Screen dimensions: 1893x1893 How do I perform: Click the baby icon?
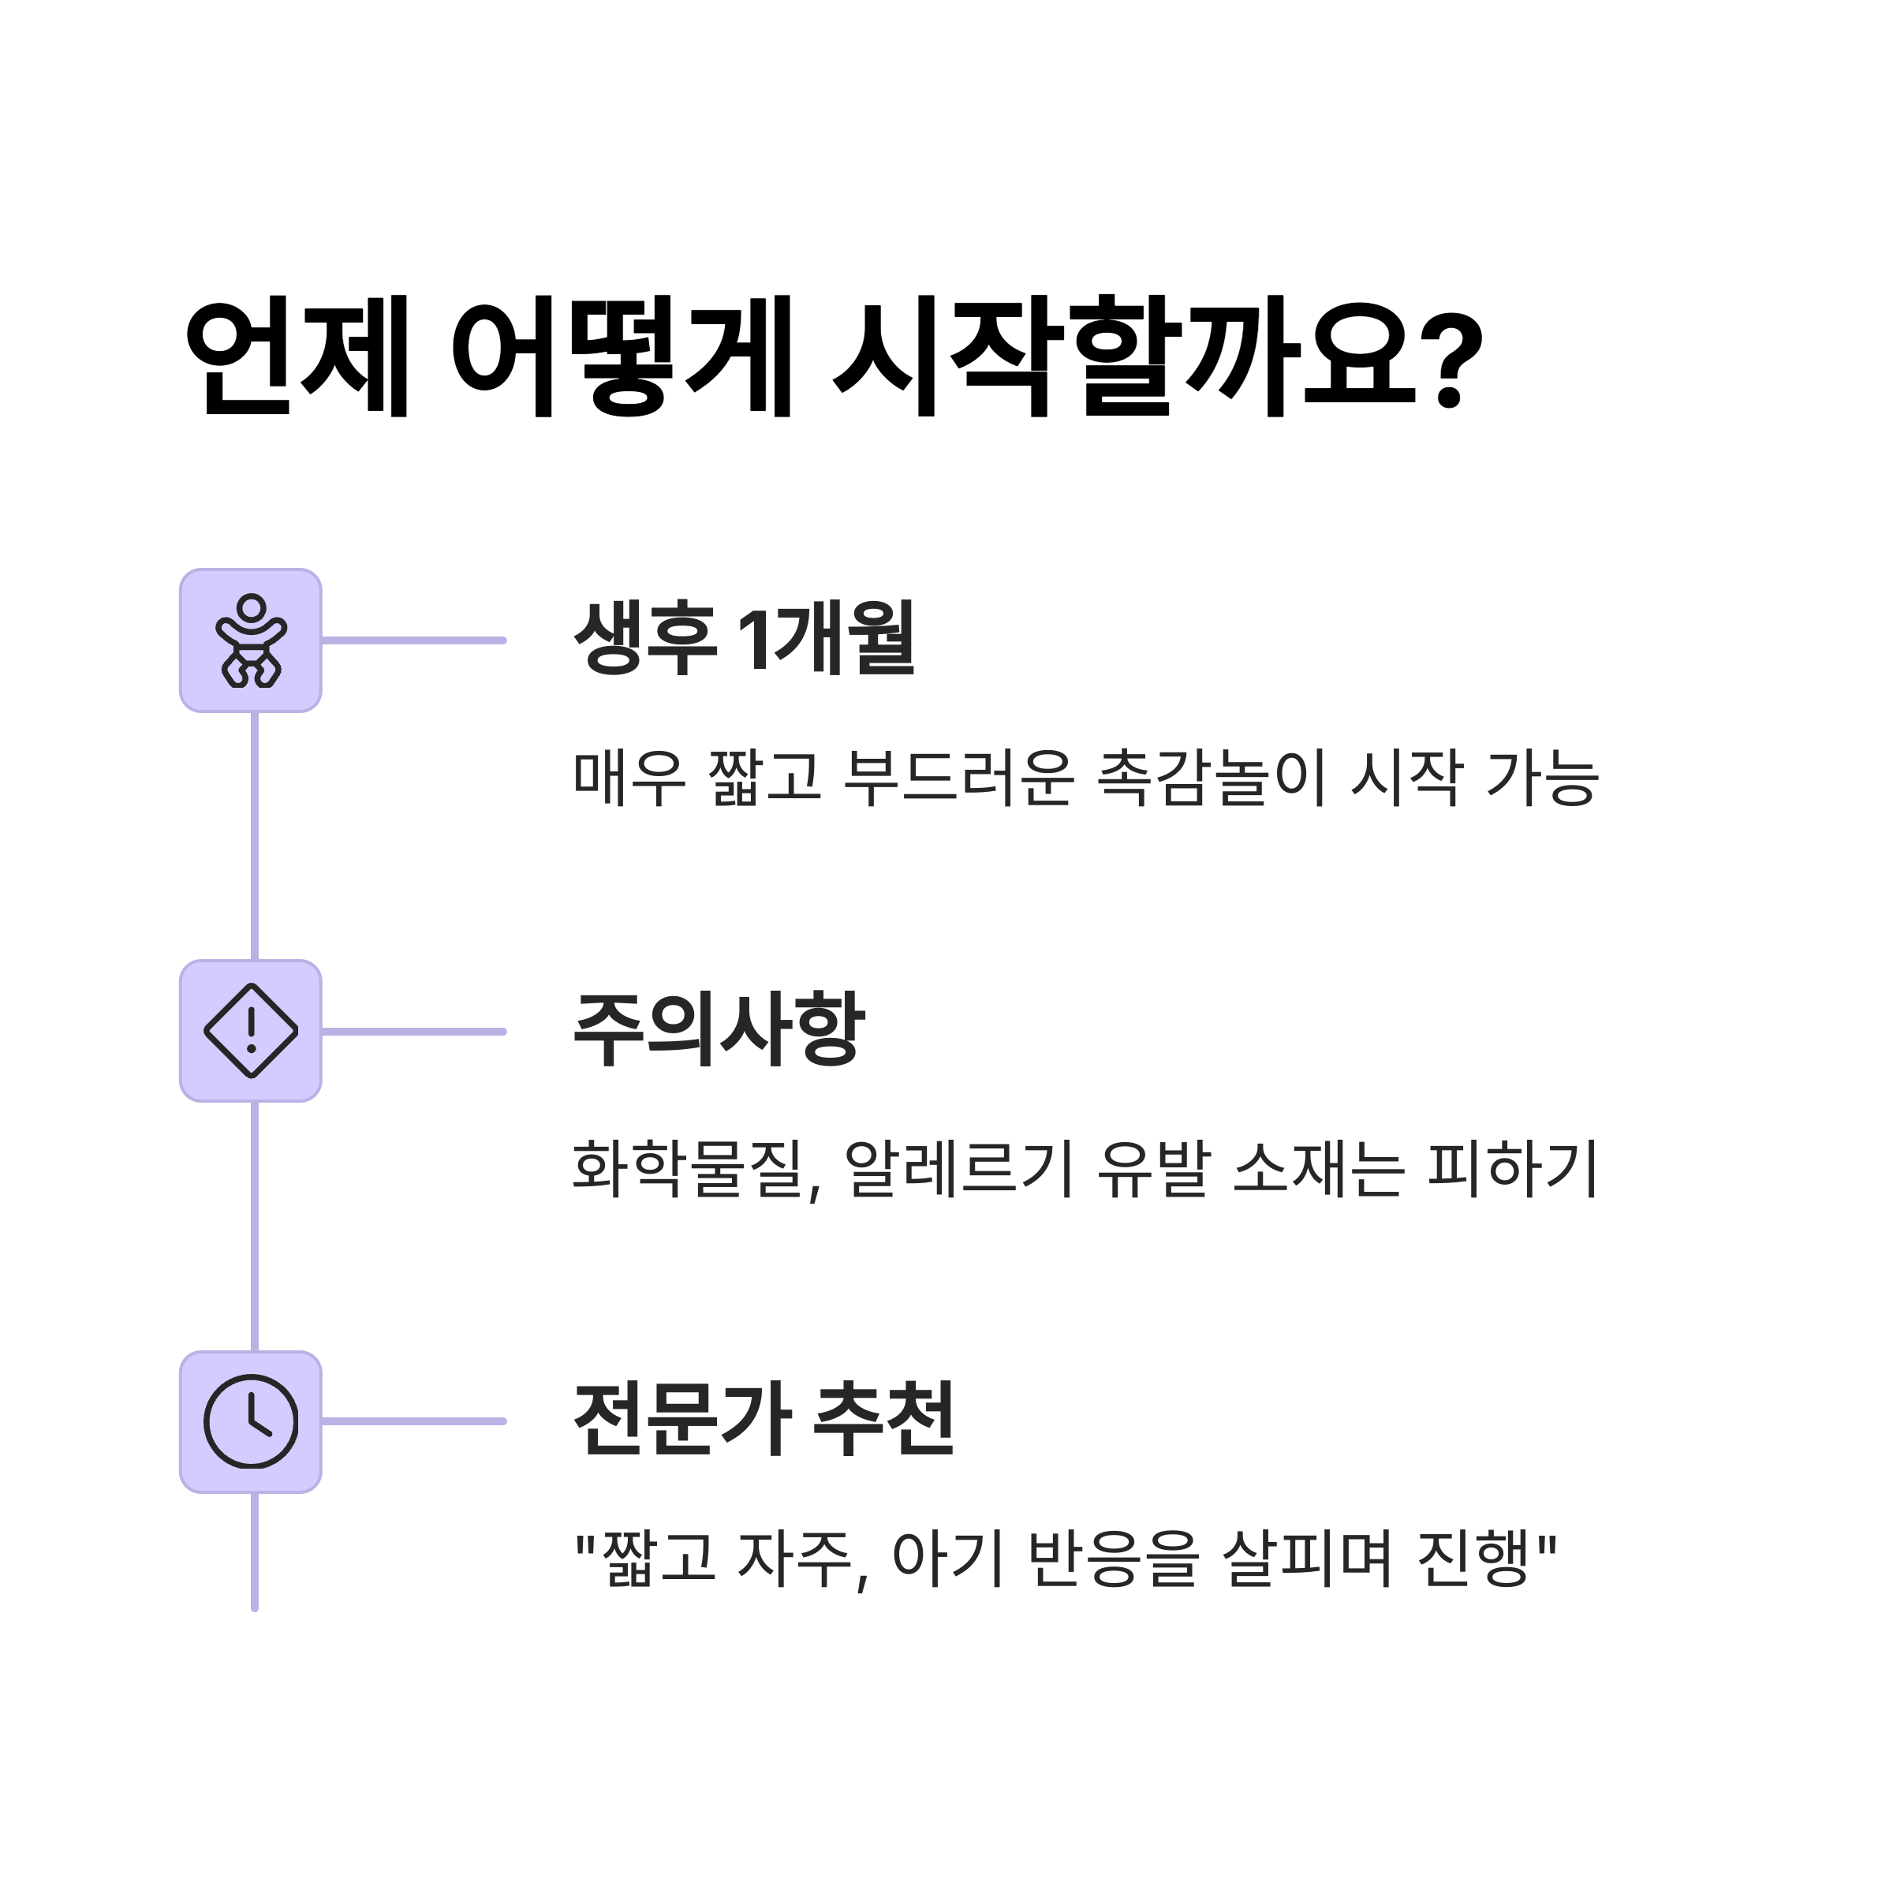251,640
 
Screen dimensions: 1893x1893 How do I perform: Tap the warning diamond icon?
251,1031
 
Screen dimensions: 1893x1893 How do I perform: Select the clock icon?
251,1421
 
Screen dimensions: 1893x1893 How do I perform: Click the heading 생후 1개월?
745,638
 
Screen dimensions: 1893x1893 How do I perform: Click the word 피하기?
1514,1168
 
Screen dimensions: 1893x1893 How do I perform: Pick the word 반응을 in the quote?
1114,1559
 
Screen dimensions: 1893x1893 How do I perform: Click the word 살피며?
1307,1559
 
